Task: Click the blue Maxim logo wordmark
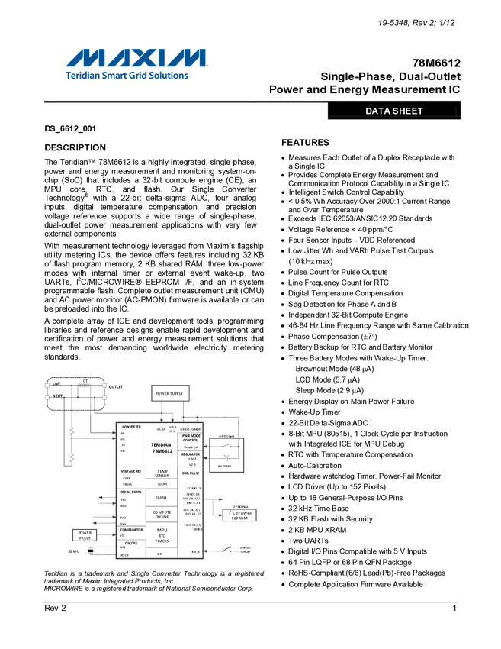(x=136, y=58)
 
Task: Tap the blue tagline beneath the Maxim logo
(x=127, y=76)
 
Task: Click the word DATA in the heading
(x=377, y=111)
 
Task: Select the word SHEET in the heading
(x=408, y=111)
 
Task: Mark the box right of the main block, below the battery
(x=239, y=514)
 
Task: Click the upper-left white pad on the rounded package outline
(x=47, y=386)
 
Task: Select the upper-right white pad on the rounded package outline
(x=104, y=386)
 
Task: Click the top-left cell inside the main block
(x=130, y=443)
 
